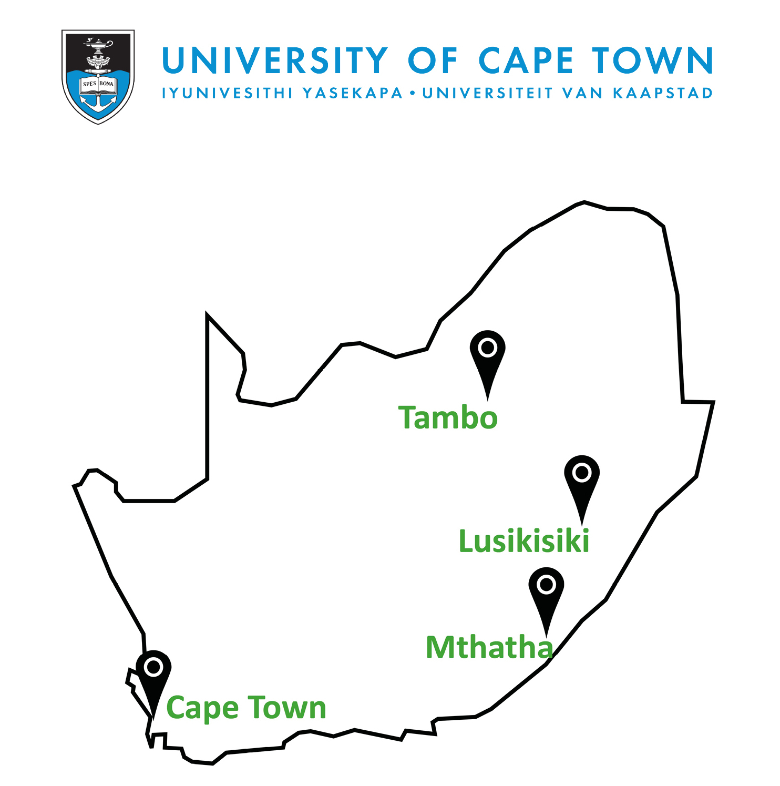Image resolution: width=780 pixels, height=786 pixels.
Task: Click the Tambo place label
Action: coord(448,418)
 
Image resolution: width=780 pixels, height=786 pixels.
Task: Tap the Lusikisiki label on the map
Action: coord(524,541)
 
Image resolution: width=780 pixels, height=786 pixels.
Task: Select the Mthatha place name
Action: coord(489,647)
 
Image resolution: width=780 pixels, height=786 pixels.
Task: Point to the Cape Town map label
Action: coord(246,708)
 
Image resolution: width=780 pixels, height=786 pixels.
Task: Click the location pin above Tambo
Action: coord(488,355)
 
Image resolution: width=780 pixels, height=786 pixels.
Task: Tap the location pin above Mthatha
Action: coord(547,591)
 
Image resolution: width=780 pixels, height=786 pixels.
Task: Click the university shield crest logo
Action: coord(98,76)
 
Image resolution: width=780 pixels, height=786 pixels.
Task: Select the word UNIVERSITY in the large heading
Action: coord(275,60)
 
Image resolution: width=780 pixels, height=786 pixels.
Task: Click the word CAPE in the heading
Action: coord(526,60)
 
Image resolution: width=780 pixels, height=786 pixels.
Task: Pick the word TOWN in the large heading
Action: coord(652,60)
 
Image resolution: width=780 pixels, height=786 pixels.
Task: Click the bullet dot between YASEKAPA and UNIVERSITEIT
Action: coord(412,94)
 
